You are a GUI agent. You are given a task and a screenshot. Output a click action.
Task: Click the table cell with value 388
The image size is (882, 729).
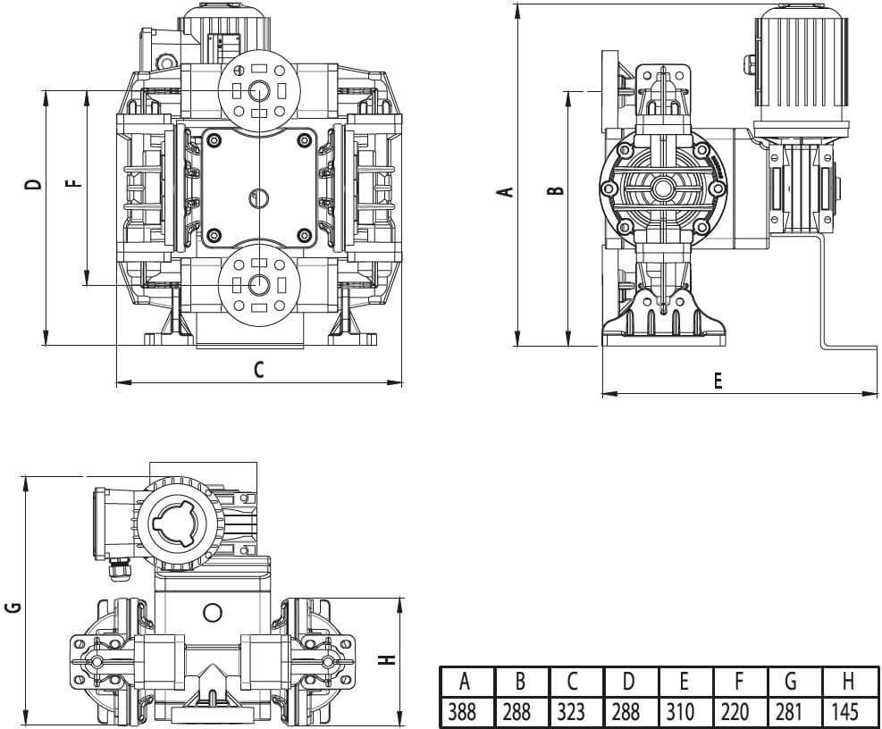tap(464, 712)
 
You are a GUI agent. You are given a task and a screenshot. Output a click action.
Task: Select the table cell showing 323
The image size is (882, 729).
tap(574, 712)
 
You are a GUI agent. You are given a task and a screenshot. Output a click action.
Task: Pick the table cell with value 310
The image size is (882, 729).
tap(684, 712)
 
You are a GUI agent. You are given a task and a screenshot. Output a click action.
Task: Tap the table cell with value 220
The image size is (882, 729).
tap(738, 712)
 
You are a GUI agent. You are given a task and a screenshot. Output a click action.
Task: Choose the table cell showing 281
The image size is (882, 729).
tap(793, 712)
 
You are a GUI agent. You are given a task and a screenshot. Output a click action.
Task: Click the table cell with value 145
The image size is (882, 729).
tap(847, 712)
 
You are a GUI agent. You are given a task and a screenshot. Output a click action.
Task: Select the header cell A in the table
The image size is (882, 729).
tap(464, 683)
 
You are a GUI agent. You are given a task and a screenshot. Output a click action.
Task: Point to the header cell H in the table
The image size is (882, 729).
tap(847, 683)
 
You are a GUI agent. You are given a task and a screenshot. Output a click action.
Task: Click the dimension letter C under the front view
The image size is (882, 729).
tap(258, 369)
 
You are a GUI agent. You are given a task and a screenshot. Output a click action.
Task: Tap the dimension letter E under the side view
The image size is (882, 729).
tap(718, 380)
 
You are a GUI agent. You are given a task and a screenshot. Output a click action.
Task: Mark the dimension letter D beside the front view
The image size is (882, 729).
tap(33, 184)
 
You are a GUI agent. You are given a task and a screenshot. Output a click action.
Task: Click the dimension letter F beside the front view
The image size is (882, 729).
tap(74, 184)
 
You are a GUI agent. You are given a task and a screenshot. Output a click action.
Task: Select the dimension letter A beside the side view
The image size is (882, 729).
tap(505, 190)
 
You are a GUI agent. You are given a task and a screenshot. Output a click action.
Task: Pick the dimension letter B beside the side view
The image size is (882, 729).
tap(554, 190)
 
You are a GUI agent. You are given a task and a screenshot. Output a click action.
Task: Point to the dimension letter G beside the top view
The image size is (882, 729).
tap(13, 607)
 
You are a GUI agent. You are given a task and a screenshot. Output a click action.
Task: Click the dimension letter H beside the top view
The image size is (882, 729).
tap(385, 659)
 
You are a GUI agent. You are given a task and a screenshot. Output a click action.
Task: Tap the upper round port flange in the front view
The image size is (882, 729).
tap(257, 90)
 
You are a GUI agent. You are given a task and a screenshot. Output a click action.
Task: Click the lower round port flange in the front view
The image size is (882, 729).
tap(257, 285)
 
